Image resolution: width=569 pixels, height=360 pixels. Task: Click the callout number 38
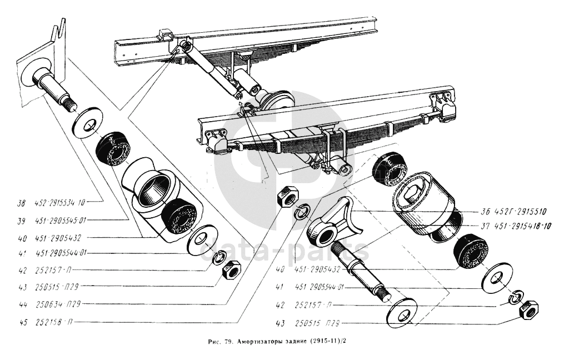coord(22,203)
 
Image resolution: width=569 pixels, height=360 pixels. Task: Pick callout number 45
coord(22,322)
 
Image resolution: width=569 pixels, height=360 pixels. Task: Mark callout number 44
coord(22,304)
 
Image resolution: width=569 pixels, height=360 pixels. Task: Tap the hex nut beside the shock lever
coord(288,196)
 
